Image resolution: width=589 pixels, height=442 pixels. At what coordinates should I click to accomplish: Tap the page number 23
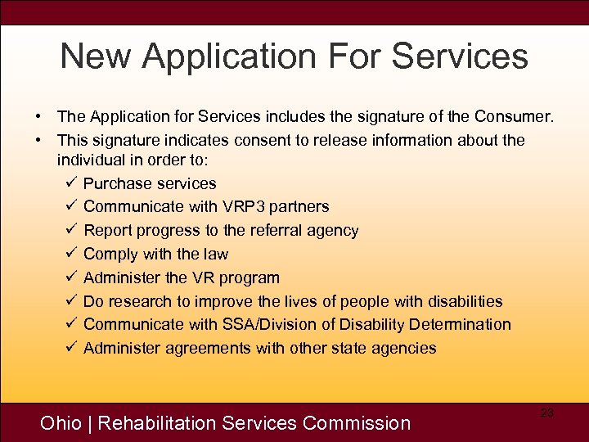(547, 413)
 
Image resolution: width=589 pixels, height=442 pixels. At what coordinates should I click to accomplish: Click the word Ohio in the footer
(61, 423)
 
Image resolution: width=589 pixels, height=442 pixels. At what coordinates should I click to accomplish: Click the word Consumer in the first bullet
(518, 117)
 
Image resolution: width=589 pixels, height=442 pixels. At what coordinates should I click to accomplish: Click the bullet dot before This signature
(38, 141)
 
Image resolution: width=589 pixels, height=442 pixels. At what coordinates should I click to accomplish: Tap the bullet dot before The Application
(38, 117)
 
